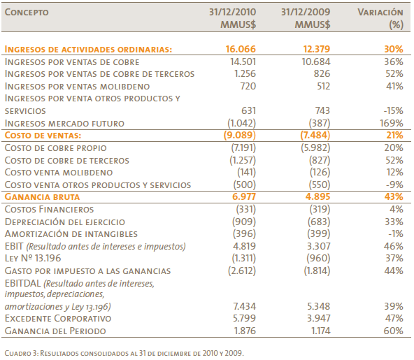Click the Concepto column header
click(x=27, y=13)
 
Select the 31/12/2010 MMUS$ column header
click(x=232, y=18)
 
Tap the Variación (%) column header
click(x=380, y=18)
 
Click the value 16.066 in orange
click(x=241, y=49)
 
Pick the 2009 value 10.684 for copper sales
click(x=316, y=62)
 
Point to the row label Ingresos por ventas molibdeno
click(x=77, y=86)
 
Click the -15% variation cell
click(x=394, y=110)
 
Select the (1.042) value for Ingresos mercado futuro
click(x=241, y=123)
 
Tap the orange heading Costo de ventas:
click(x=43, y=136)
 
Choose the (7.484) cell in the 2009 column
click(x=315, y=135)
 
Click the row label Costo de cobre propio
click(x=55, y=147)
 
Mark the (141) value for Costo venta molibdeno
click(x=247, y=173)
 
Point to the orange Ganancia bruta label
click(x=42, y=197)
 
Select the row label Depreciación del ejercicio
click(x=64, y=222)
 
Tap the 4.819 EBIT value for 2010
click(x=244, y=246)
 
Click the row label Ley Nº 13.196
click(x=33, y=258)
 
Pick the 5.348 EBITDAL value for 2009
click(x=318, y=306)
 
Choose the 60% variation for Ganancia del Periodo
click(x=394, y=331)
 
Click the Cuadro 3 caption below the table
click(x=124, y=353)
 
